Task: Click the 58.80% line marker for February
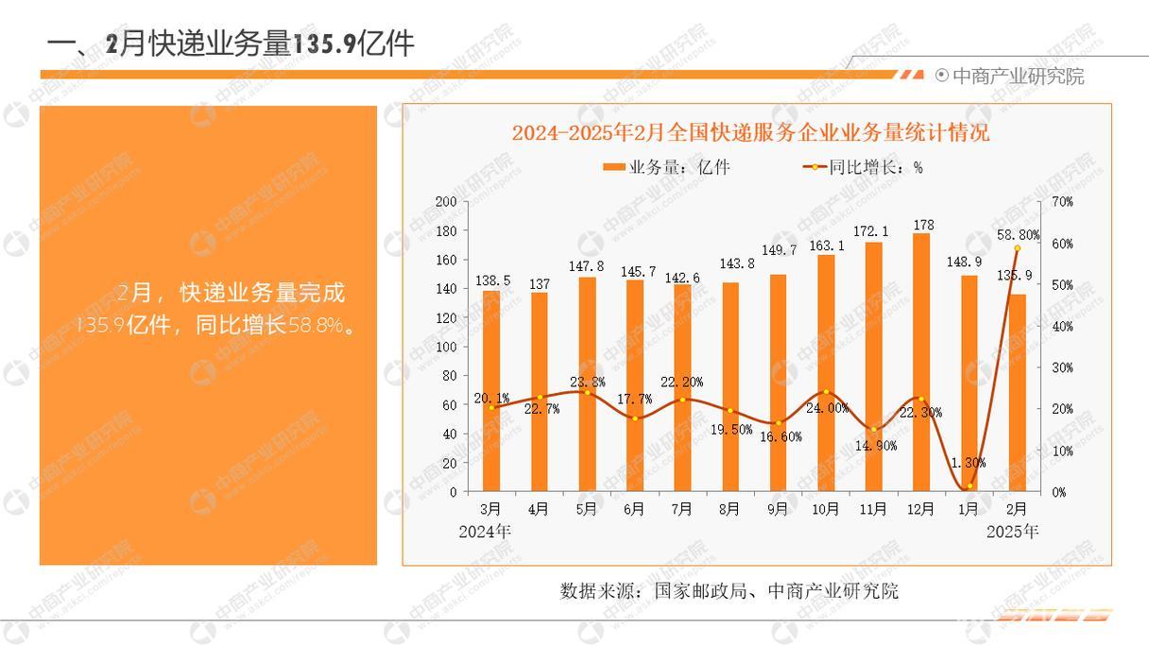tap(1018, 248)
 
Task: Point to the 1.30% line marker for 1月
tap(969, 485)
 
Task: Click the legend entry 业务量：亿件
tap(666, 167)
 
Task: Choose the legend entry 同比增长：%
tap(862, 167)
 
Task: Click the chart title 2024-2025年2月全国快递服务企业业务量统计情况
tap(750, 132)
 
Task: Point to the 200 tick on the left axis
tap(446, 202)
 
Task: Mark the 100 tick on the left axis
tap(446, 347)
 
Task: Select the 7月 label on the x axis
tap(682, 509)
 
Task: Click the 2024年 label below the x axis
tap(484, 532)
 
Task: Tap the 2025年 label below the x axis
tap(1012, 532)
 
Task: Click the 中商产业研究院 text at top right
tap(1018, 76)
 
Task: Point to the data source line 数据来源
tap(729, 591)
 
